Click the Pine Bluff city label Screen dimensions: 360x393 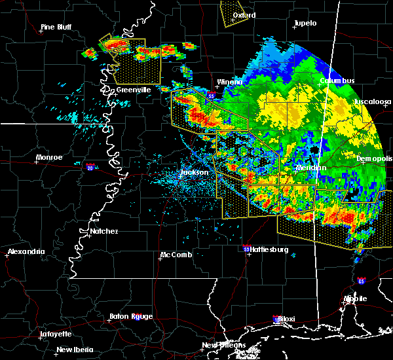click(x=56, y=27)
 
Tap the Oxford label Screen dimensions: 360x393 click(x=244, y=14)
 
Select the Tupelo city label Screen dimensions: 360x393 click(x=305, y=23)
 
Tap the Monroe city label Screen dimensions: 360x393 click(x=49, y=157)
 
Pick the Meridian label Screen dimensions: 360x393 click(x=310, y=168)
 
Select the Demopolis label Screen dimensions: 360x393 click(x=375, y=158)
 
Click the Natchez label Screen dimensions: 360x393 click(x=103, y=231)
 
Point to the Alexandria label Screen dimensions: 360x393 click(x=27, y=251)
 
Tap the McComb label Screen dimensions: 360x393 click(x=176, y=255)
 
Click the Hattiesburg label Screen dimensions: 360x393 click(x=269, y=249)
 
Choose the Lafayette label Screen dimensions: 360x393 click(x=56, y=333)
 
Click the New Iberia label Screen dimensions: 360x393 click(x=74, y=349)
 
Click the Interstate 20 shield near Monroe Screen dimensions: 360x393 click(x=89, y=168)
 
